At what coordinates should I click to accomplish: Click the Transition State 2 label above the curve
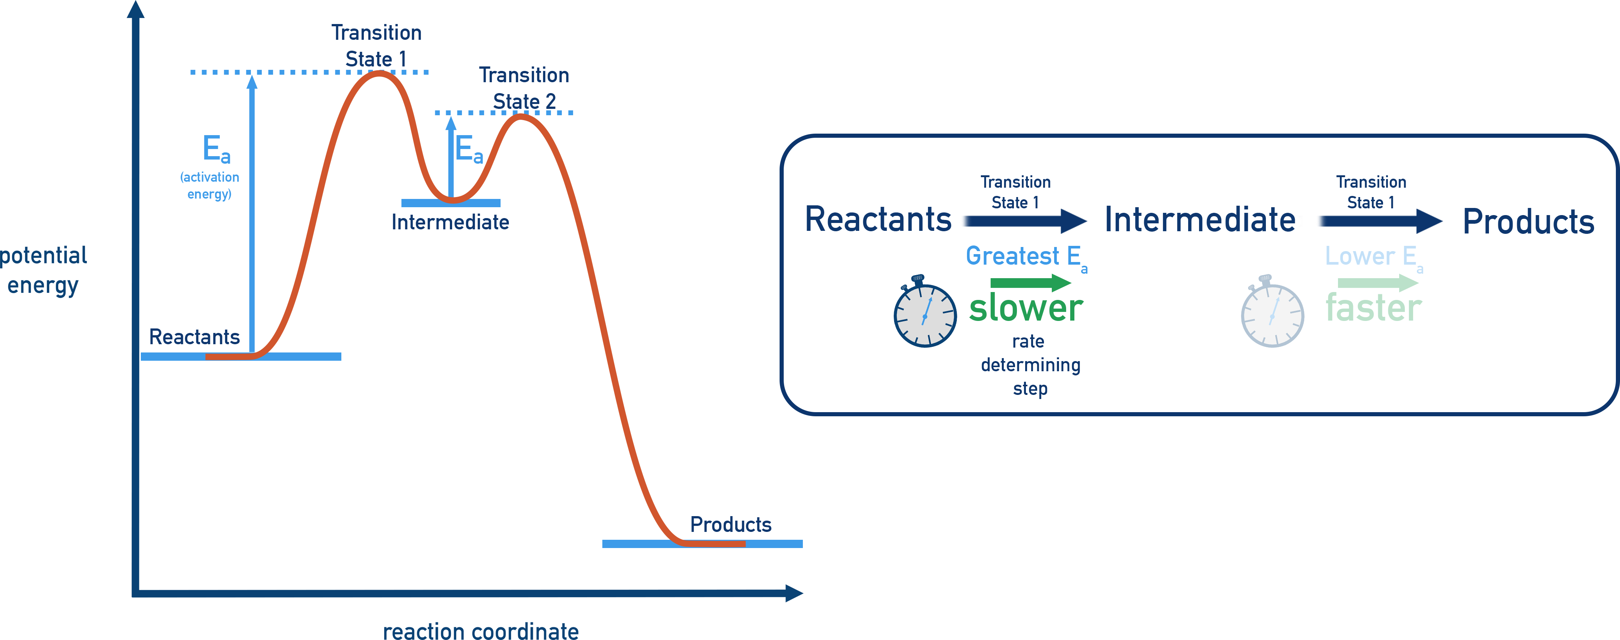pos(524,88)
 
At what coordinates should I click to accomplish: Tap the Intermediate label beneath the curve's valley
pos(450,222)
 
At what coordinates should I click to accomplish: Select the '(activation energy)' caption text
pos(210,185)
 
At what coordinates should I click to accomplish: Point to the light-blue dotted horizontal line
pos(277,72)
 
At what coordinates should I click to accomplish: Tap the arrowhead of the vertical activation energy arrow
pos(252,82)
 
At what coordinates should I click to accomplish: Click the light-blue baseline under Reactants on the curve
pos(296,357)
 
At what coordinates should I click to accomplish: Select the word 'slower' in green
pos(1026,308)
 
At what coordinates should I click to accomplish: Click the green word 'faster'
pos(1374,308)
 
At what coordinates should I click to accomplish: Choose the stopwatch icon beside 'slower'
pos(925,312)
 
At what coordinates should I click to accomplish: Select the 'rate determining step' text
pos(1030,364)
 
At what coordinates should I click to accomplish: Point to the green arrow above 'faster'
pos(1377,283)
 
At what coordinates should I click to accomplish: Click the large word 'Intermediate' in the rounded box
pos(1201,220)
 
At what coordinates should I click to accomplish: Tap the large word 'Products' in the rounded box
pos(1528,221)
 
